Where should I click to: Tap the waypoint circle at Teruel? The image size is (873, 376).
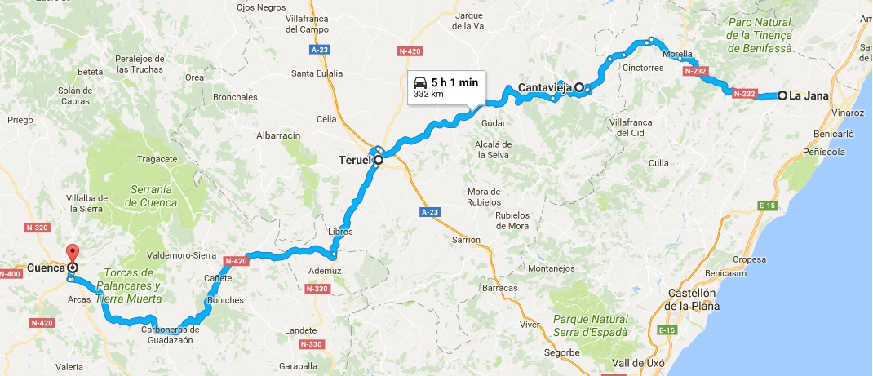point(379,160)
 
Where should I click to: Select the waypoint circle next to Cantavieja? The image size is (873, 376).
point(578,87)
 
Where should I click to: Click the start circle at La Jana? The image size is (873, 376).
point(782,95)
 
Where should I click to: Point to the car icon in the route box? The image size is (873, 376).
point(419,82)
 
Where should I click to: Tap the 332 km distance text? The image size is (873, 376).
point(428,94)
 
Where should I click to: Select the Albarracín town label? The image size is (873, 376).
point(279,135)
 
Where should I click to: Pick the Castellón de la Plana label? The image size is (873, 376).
point(692,299)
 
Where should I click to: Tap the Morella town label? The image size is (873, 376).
point(678,55)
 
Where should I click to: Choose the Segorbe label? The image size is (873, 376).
point(562,352)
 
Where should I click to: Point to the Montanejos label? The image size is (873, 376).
point(552,268)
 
